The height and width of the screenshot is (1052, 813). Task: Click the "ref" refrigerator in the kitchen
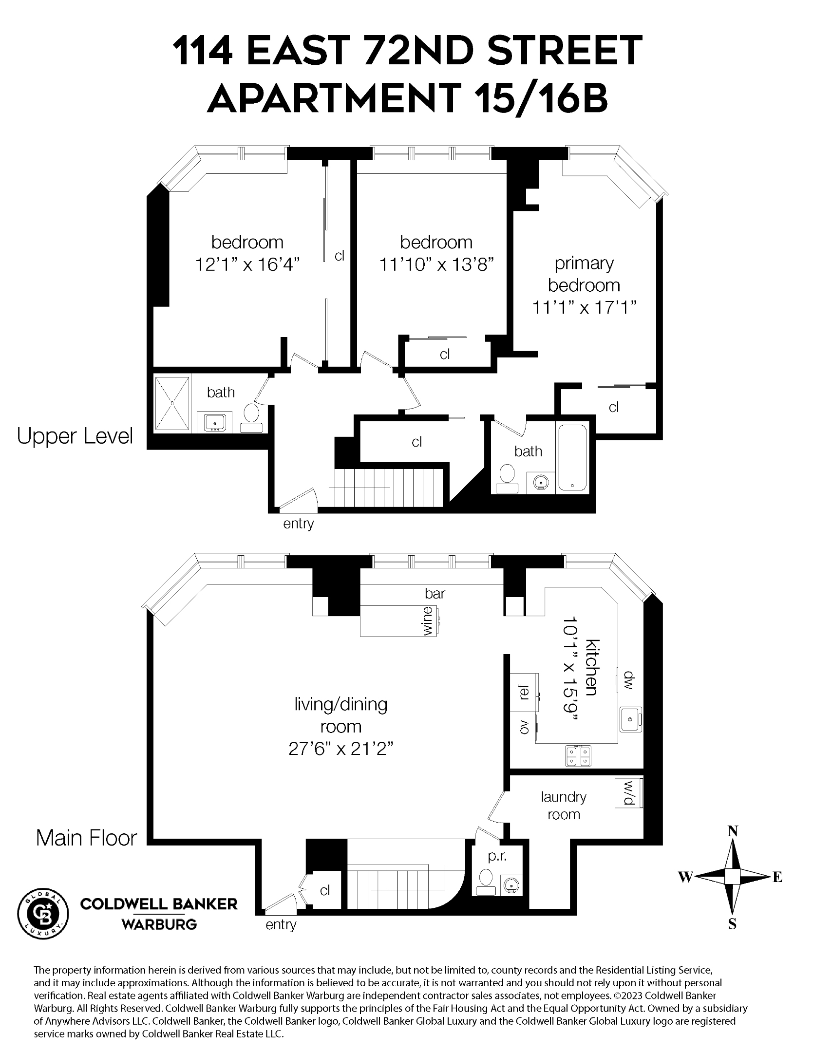[x=524, y=692]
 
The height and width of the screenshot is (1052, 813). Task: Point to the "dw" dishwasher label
[x=628, y=681]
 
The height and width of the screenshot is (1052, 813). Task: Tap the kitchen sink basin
[x=630, y=719]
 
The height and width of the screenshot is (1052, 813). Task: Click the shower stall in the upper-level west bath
[x=172, y=403]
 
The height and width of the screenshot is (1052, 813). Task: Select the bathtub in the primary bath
[x=573, y=458]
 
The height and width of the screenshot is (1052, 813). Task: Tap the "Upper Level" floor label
[x=75, y=436]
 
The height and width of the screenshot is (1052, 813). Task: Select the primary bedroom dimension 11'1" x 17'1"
[x=584, y=307]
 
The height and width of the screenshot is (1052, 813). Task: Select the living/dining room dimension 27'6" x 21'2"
[x=340, y=748]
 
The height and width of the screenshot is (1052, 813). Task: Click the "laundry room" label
[x=564, y=806]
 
